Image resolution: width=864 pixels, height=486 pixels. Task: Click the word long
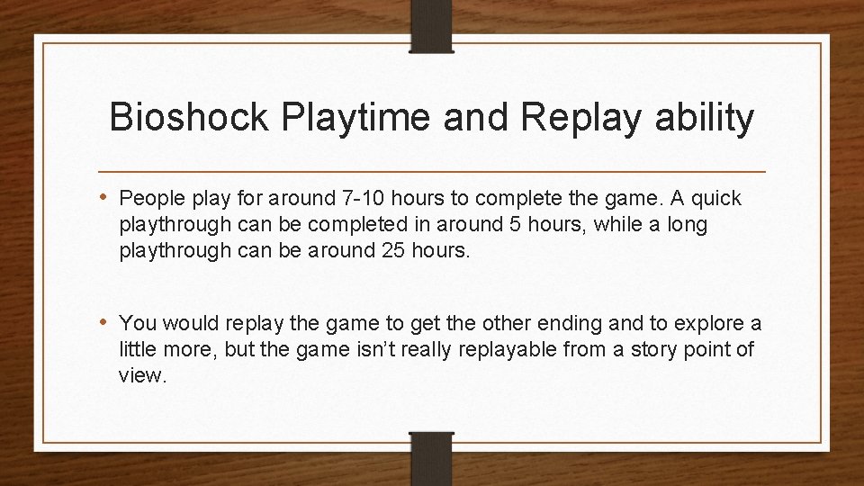pyautogui.click(x=688, y=225)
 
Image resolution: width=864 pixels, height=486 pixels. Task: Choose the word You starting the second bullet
pyautogui.click(x=137, y=322)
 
